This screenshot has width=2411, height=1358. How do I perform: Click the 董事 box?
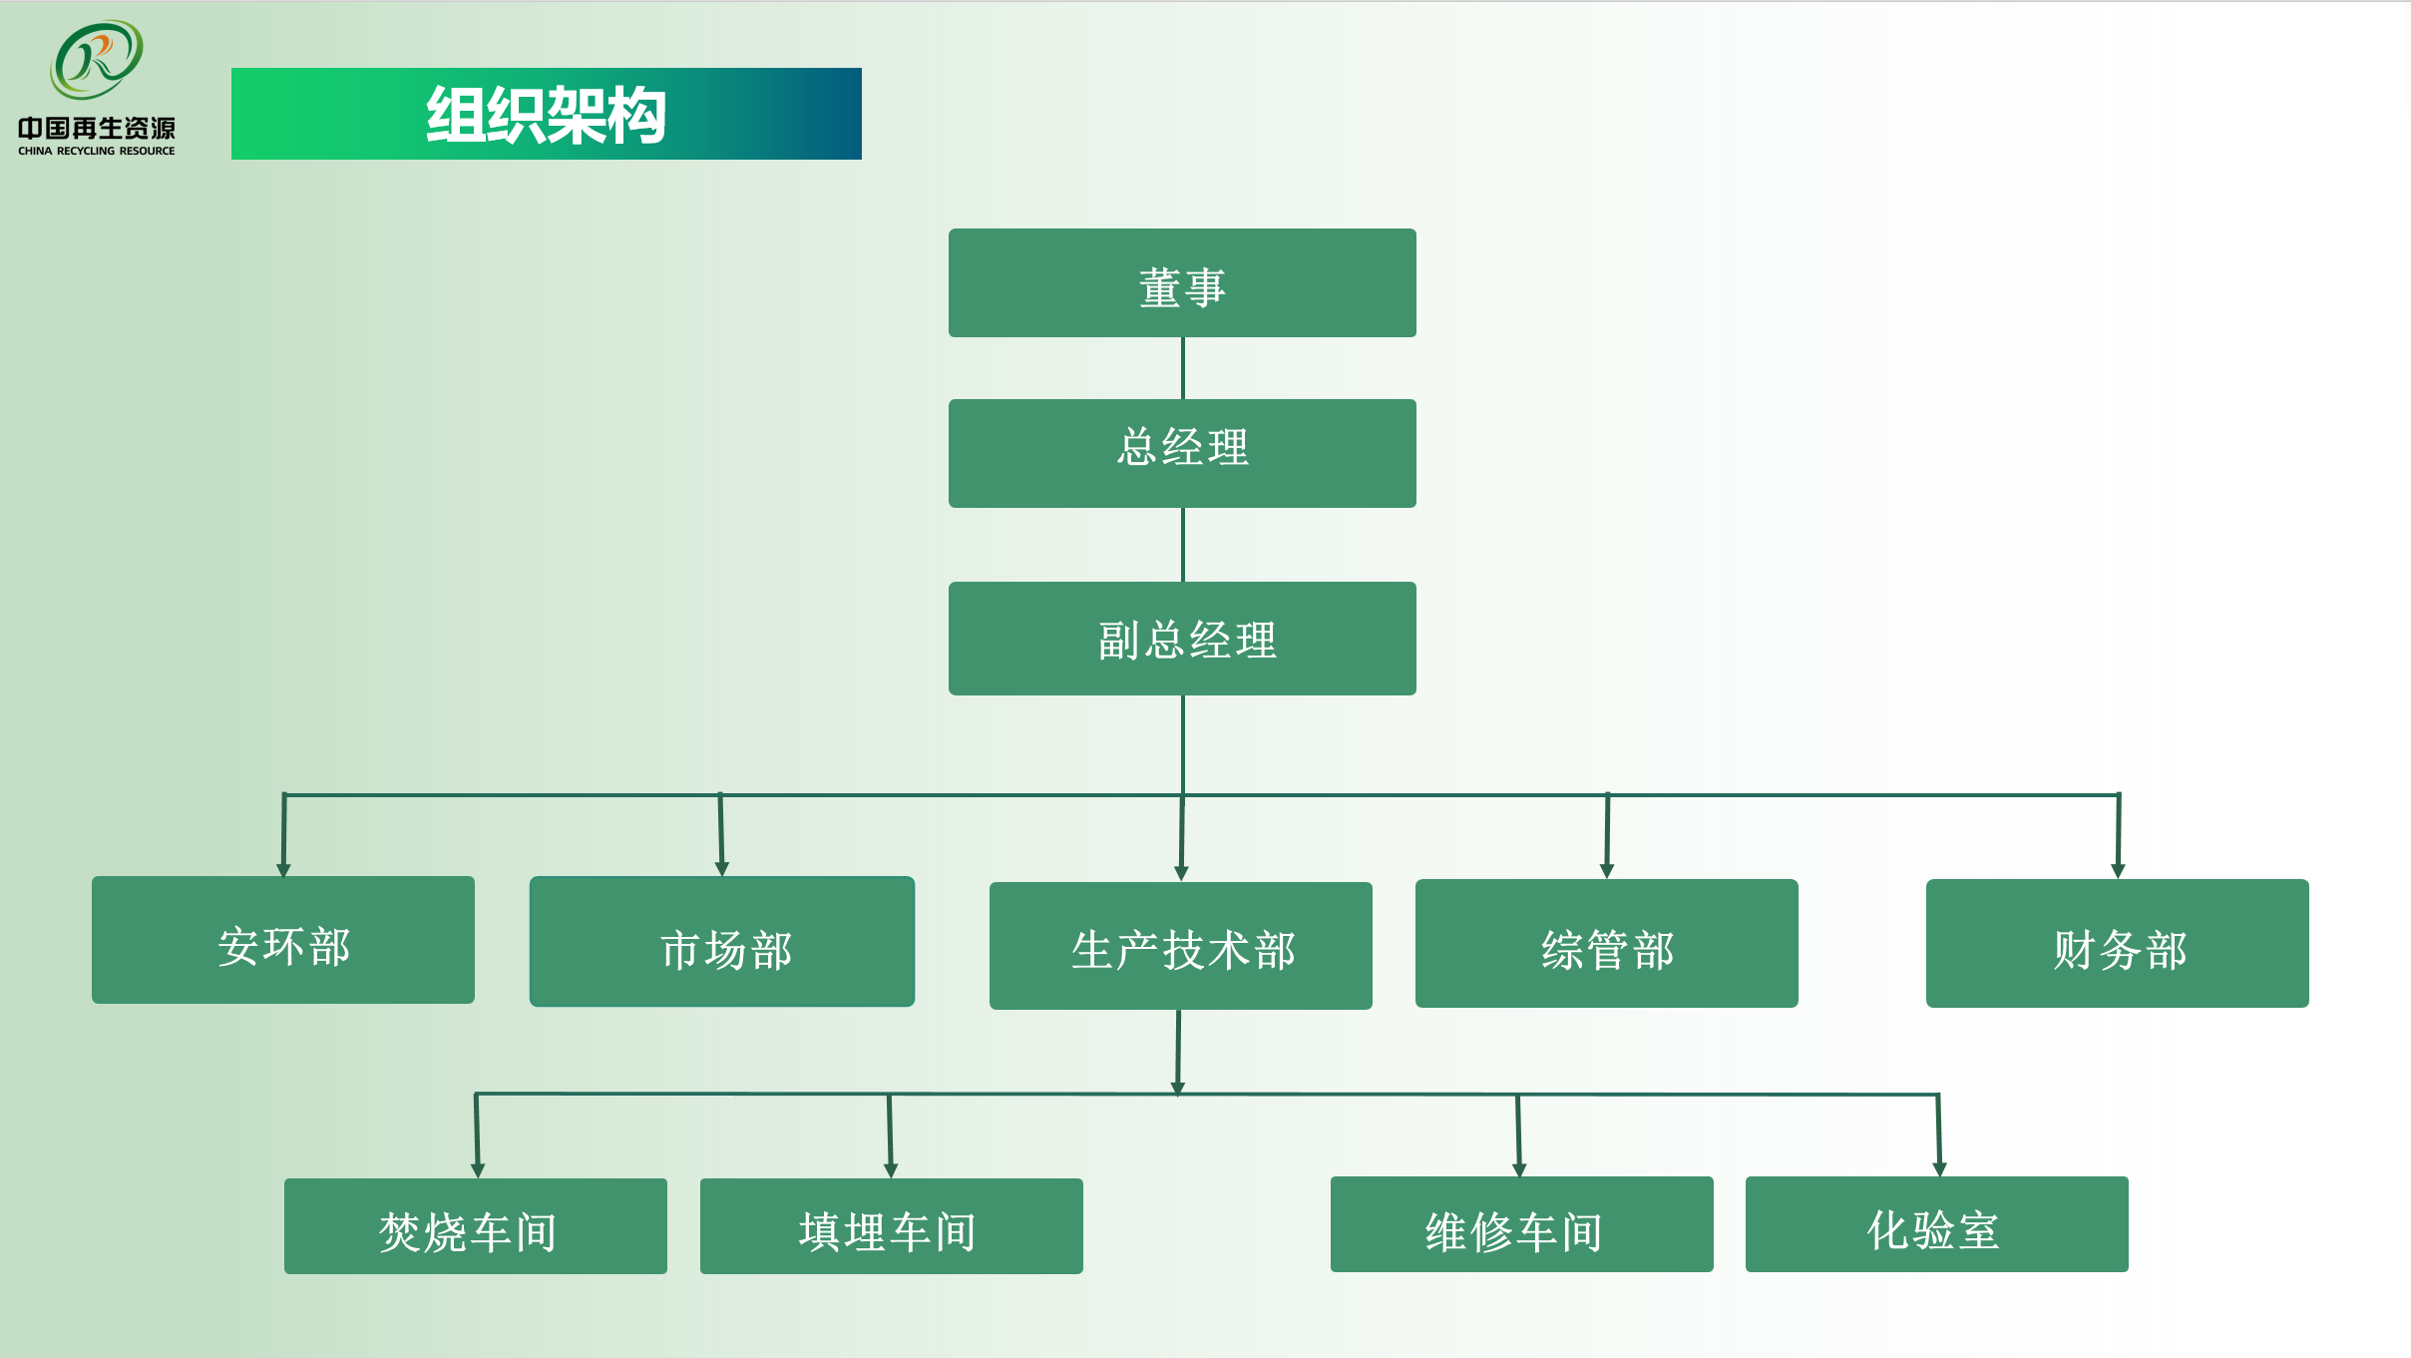pos(1182,283)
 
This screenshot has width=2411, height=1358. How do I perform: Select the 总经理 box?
pos(1182,453)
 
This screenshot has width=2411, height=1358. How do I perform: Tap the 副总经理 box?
pos(1182,639)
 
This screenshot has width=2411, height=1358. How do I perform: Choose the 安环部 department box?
pos(283,940)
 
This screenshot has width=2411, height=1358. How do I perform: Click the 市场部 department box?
pos(722,942)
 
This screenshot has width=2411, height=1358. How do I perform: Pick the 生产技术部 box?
pos(1181,946)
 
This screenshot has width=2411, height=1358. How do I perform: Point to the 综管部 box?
pos(1606,944)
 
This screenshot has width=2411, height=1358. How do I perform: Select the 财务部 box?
pos(2117,944)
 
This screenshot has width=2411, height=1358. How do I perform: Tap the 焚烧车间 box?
pos(476,1226)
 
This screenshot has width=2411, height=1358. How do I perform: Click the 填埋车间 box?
pos(892,1226)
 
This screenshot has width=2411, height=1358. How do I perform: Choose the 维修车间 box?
pos(1522,1224)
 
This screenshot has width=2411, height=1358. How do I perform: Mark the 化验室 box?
pos(1937,1224)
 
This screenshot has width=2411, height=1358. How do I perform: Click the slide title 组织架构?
pos(547,115)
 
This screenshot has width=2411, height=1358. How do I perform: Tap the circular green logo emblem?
pos(97,60)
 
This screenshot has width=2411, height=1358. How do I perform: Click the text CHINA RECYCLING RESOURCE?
pos(97,152)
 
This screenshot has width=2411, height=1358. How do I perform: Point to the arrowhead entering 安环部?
pos(283,870)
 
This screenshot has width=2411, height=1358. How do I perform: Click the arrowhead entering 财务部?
pos(2118,871)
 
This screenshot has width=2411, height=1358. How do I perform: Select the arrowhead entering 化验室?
pos(1939,1169)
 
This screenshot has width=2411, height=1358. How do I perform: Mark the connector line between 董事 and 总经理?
pos(1183,368)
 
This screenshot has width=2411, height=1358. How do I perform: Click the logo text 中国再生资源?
pos(97,129)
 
